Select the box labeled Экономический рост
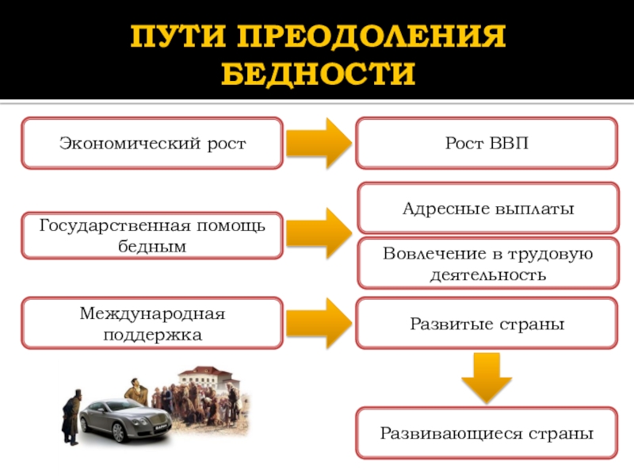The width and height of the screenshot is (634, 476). pos(152,144)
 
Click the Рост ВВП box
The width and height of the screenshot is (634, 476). pos(486,144)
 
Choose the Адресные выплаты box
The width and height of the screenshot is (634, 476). pos(487,209)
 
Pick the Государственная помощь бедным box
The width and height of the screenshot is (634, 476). pos(152,236)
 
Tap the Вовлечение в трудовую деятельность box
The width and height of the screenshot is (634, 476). pos(487,263)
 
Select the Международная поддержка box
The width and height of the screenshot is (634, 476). pos(152,324)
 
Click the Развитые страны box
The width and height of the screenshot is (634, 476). pos(487,324)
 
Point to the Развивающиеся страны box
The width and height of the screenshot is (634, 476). pos(487,433)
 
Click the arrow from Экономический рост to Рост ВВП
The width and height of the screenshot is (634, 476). pos(319,144)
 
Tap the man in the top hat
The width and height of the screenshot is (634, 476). pos(72,413)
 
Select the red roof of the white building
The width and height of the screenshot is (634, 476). pos(202,370)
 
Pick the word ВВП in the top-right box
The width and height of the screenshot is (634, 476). pos(510,144)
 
